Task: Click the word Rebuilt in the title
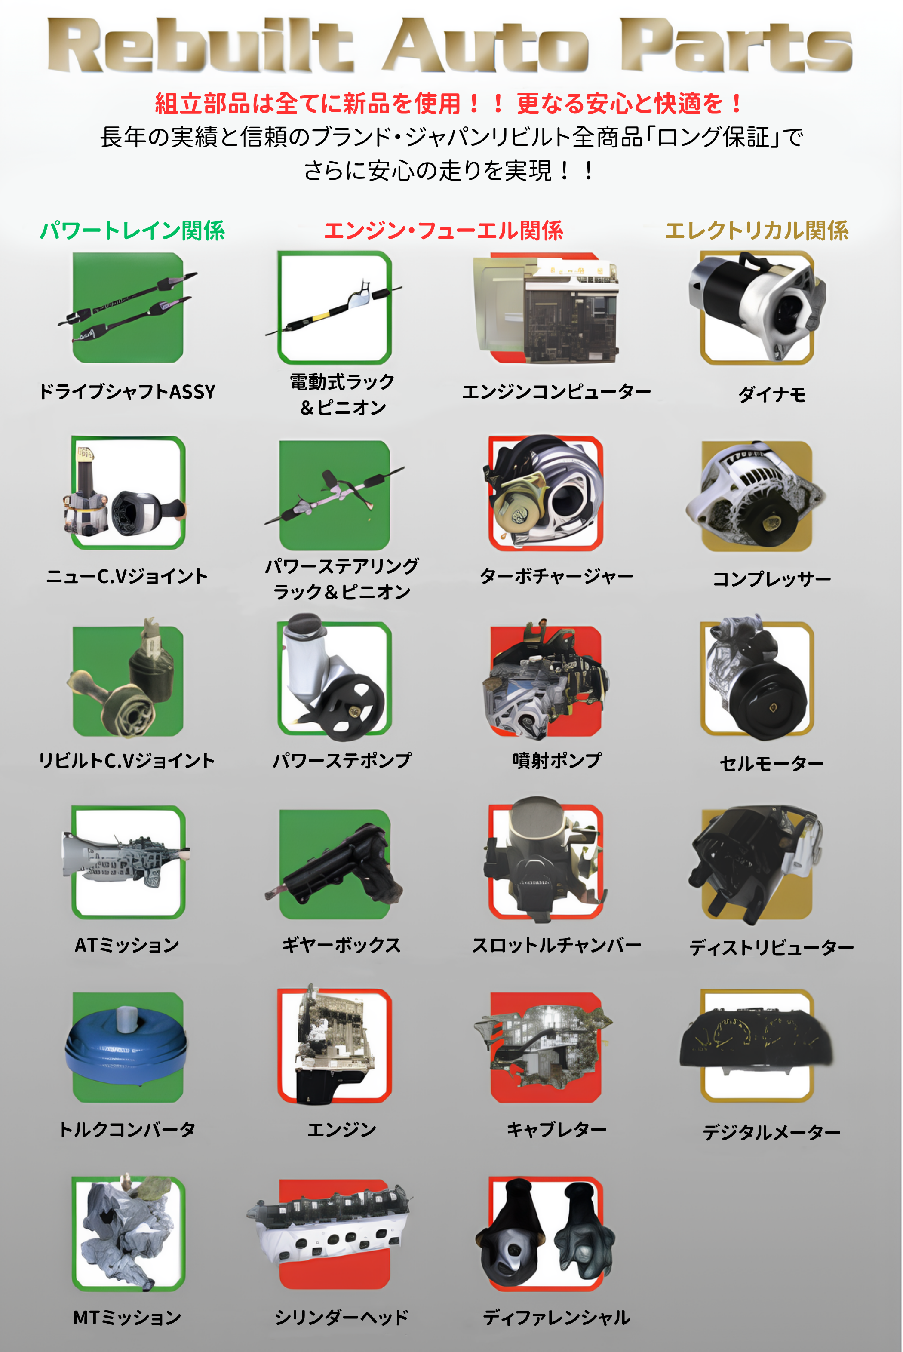[199, 46]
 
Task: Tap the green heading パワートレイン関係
[132, 231]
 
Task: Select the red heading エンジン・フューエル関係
[443, 231]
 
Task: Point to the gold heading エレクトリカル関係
[756, 231]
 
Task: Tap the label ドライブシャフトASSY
[127, 392]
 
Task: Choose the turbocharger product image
[545, 492]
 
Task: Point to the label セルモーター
[772, 764]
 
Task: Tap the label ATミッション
[127, 945]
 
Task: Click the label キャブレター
[556, 1129]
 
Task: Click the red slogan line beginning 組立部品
[449, 104]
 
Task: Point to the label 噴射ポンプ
[556, 761]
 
